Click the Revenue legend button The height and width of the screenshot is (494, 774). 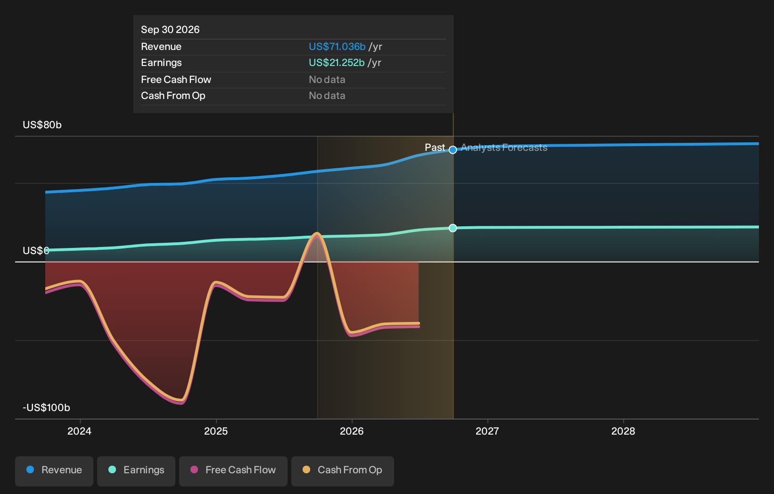coord(54,471)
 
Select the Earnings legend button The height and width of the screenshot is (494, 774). coord(136,471)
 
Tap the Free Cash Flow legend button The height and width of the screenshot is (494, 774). coord(233,471)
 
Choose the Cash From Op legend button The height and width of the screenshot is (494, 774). coord(342,471)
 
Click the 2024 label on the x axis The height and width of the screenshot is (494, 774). coord(80,431)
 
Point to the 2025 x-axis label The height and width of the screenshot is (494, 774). coord(216,431)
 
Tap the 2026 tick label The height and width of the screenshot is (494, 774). coord(352,431)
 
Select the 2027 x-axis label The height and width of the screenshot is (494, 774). coord(487,431)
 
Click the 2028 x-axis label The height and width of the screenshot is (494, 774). coord(623,431)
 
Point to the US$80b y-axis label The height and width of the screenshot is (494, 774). coord(42,125)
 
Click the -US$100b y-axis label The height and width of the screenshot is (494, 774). coord(46,408)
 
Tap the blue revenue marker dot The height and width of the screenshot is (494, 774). coord(453,149)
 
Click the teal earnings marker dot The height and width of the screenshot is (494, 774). coord(453,228)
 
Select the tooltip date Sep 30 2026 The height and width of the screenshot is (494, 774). coord(170,30)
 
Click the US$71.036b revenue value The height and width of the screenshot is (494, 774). coord(337,47)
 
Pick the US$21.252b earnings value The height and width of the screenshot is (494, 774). coord(337,63)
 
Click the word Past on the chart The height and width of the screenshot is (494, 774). coord(435,148)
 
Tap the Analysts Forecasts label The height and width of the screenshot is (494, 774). coord(504,148)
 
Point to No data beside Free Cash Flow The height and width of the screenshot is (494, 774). coord(327,80)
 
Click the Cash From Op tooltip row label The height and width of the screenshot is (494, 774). coord(173,96)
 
